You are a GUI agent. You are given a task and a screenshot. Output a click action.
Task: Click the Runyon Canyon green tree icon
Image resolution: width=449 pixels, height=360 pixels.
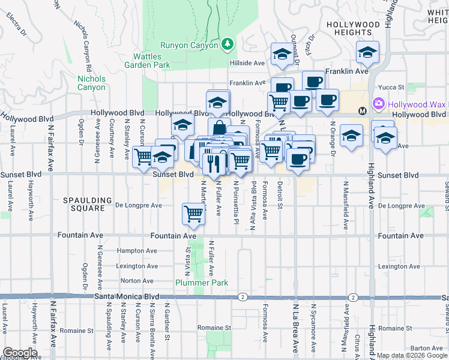(x=227, y=44)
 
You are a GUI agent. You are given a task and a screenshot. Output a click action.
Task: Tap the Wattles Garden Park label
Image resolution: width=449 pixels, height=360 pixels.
(x=151, y=61)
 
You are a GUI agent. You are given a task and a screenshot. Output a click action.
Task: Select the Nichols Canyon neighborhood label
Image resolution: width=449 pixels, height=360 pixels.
(x=91, y=83)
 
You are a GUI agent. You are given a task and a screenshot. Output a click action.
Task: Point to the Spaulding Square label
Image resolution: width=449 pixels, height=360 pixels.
(x=88, y=204)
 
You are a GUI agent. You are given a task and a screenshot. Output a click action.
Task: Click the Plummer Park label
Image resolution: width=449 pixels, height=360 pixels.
(x=193, y=283)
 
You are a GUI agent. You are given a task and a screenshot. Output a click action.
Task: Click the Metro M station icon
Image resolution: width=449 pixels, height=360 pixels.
(x=363, y=111)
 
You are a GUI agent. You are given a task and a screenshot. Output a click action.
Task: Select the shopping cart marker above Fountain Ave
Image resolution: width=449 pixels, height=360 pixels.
(x=193, y=213)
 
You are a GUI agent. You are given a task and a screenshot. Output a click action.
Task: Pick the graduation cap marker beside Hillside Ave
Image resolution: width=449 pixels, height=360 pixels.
(x=281, y=54)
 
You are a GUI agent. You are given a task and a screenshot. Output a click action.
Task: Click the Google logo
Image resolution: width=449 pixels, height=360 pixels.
(x=19, y=353)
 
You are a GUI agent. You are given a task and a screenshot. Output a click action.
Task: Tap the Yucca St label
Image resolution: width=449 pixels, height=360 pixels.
(x=398, y=86)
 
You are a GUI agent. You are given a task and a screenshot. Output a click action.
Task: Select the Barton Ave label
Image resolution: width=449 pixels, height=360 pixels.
(x=427, y=348)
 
